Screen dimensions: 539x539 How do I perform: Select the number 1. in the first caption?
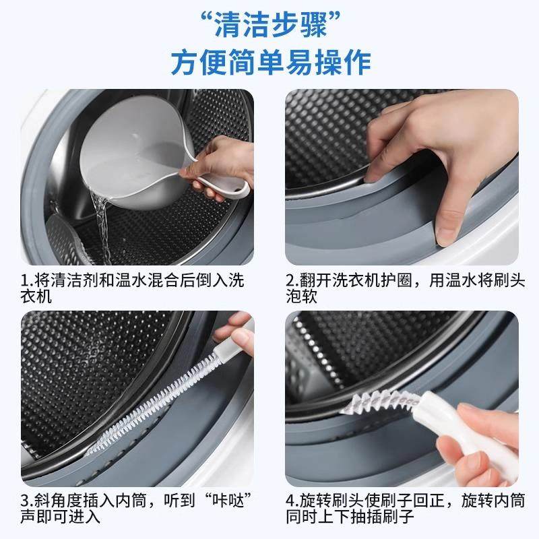click(x=27, y=279)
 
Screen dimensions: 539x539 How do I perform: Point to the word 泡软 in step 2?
click(x=300, y=296)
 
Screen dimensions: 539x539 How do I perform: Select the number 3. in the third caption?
click(x=27, y=501)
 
